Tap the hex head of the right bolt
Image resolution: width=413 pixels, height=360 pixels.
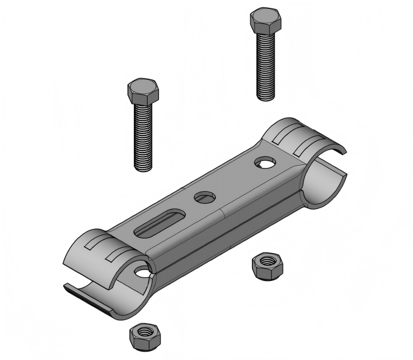[265, 21]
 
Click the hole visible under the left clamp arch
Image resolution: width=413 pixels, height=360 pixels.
[141, 271]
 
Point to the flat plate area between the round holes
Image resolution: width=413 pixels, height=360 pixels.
[235, 181]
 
